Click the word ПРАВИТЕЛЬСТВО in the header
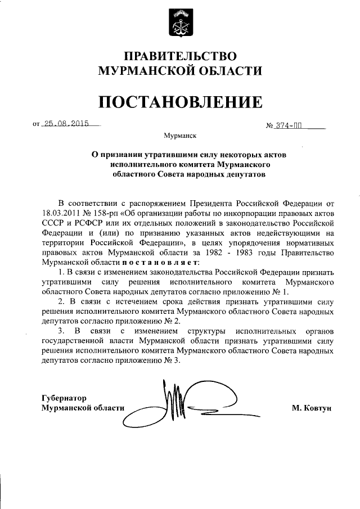180,56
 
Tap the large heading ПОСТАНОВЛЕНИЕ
180,102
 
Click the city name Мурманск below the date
179,136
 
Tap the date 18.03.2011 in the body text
61,215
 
